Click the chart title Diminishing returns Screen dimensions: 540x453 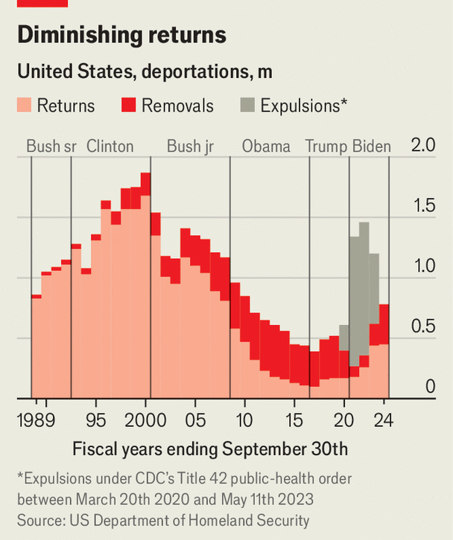(121, 35)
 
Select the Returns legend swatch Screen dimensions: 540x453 (25, 106)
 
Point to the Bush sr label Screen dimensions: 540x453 (51, 147)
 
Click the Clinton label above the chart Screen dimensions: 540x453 (110, 147)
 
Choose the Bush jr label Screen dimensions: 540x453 (190, 147)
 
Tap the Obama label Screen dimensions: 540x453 (266, 147)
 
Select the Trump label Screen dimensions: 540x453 (326, 147)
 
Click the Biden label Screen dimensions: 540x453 (371, 147)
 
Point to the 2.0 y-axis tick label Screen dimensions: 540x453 (423, 146)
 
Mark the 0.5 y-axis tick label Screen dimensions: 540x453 (423, 327)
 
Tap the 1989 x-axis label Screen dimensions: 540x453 (36, 420)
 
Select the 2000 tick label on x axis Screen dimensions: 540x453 (145, 420)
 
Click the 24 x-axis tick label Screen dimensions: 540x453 (384, 420)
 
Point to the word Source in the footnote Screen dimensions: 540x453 (37, 520)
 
